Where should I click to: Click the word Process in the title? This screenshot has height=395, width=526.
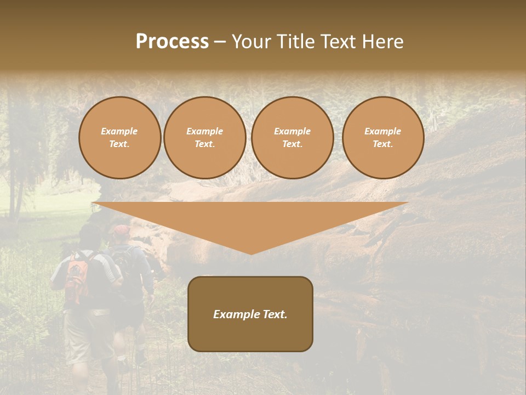[172, 42]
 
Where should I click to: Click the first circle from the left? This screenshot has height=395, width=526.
[120, 138]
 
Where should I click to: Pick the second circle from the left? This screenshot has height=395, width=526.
[205, 138]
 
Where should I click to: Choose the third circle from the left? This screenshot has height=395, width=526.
[293, 138]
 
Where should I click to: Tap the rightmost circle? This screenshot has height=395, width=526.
[383, 138]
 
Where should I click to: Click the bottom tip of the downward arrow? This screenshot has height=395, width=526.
[251, 253]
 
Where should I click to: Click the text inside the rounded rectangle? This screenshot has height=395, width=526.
[250, 314]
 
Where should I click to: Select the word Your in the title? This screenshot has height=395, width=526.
[250, 42]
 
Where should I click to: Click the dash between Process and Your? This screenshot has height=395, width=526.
[220, 42]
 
